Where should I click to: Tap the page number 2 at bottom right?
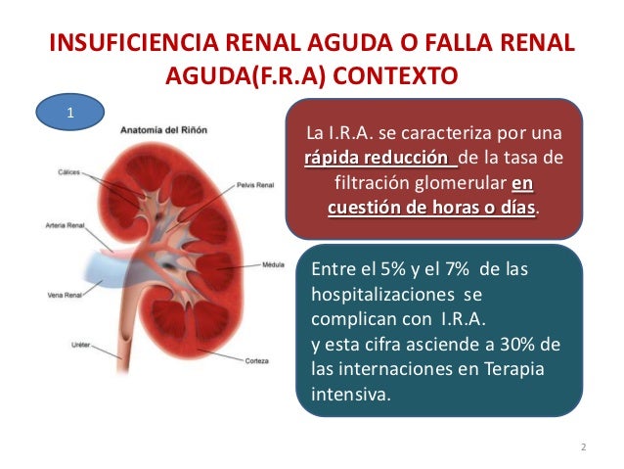pyautogui.click(x=583, y=447)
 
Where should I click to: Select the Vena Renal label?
pyautogui.click(x=67, y=294)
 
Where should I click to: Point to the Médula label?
pyautogui.click(x=273, y=263)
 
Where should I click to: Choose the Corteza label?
pyautogui.click(x=257, y=359)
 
